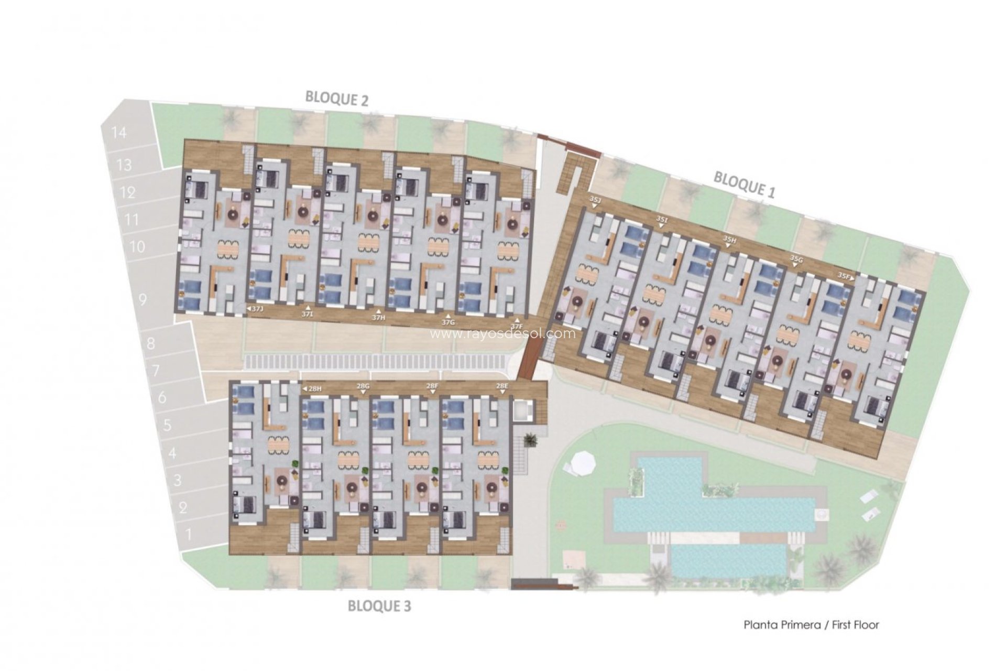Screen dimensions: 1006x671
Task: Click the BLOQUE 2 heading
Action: pos(337,99)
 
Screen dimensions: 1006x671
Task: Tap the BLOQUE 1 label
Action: pos(744,184)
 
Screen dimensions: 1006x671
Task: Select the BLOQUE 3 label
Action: pos(380,606)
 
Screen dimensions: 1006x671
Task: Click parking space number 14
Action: pos(119,132)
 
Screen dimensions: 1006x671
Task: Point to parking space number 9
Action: pos(143,300)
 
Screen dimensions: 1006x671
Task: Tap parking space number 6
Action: pos(162,397)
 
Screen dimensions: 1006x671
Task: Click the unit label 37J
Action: pos(257,309)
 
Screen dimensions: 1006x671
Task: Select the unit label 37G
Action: pos(447,322)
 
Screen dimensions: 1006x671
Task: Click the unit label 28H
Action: pos(314,388)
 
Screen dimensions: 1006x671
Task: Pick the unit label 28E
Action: pos(502,386)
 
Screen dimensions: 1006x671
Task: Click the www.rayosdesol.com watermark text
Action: pos(502,333)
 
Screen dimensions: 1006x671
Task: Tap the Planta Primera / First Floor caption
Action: pos(811,625)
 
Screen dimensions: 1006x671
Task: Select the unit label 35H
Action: pos(729,239)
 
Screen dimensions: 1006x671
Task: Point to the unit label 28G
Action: pos(363,386)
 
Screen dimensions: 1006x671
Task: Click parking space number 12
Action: pos(128,192)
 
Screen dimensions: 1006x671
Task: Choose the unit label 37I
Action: pos(308,314)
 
